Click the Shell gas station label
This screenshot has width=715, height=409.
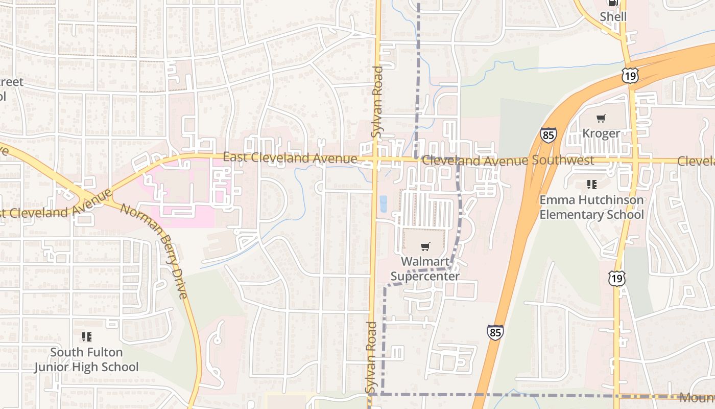(613, 16)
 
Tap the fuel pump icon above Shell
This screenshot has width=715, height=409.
(613, 3)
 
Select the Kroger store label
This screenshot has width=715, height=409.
(601, 133)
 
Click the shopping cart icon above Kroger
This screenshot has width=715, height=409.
(601, 119)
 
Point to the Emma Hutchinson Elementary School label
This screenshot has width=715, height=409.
(591, 207)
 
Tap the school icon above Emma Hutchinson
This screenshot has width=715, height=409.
(591, 184)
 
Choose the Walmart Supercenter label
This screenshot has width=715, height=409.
(425, 269)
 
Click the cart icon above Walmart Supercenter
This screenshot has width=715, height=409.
(425, 246)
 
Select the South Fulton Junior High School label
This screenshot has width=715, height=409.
(86, 359)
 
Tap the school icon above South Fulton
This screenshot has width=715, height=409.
(87, 337)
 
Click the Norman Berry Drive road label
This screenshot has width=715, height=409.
(155, 249)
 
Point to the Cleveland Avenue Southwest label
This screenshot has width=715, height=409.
(508, 161)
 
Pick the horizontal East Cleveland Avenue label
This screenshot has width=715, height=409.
(290, 158)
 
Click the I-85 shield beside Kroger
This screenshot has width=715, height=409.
(548, 135)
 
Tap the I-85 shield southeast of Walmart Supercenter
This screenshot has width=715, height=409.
(495, 332)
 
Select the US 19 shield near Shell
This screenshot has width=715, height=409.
(630, 76)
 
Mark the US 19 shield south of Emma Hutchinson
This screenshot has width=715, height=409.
(617, 279)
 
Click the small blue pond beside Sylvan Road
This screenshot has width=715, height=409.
(384, 203)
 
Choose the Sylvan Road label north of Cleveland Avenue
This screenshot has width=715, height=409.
(377, 102)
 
